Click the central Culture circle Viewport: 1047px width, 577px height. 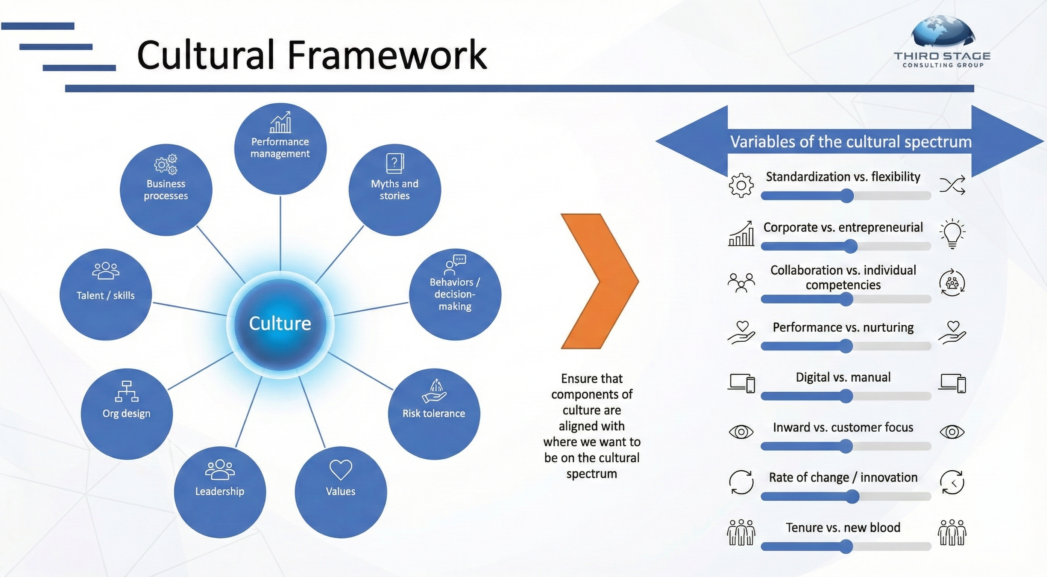(x=280, y=324)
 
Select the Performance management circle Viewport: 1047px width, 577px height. (x=281, y=149)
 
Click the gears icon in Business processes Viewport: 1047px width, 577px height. (x=166, y=164)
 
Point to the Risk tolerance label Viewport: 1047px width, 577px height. (x=434, y=413)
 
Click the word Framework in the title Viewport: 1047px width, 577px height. (x=387, y=55)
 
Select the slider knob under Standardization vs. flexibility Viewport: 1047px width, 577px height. (x=847, y=196)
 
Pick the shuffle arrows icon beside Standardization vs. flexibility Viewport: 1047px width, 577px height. (x=952, y=185)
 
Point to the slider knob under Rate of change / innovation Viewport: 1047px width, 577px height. (x=852, y=497)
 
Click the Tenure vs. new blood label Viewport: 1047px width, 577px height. (x=843, y=527)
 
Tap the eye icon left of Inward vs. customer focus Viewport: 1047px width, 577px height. (x=741, y=432)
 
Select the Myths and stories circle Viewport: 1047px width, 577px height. (x=395, y=190)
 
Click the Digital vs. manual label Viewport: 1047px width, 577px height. (x=843, y=377)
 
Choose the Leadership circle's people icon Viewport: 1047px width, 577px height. (x=220, y=470)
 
